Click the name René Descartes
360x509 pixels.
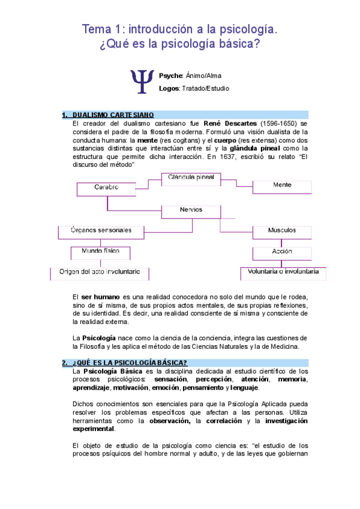[230, 124]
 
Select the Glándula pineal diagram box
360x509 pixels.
[191, 178]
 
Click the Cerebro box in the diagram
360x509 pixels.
[106, 188]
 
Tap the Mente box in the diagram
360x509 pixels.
[282, 185]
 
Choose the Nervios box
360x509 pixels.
[191, 211]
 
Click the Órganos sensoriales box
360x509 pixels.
[101, 230]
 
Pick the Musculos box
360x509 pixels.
[282, 230]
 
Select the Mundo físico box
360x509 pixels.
[100, 251]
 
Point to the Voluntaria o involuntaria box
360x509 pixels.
[283, 272]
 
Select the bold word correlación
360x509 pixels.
[221, 421]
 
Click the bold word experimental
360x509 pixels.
[92, 429]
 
